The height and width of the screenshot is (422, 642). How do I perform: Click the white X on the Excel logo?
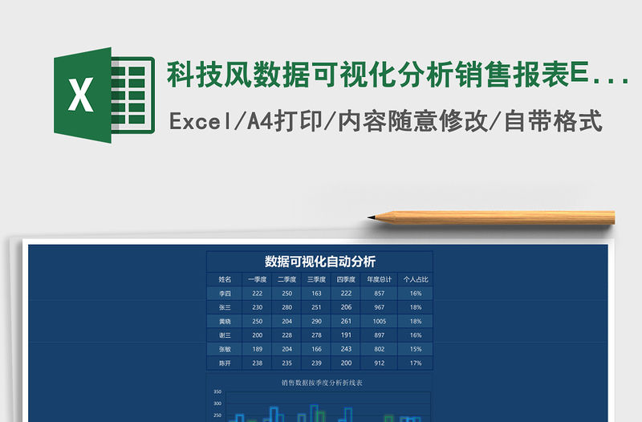tap(80, 96)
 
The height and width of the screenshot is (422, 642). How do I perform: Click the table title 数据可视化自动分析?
tap(320, 262)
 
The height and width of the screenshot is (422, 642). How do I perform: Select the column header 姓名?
tap(225, 280)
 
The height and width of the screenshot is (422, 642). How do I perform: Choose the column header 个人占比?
tap(416, 280)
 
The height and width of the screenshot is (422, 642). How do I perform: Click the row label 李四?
tap(225, 294)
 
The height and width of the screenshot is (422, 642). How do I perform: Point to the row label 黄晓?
tap(225, 321)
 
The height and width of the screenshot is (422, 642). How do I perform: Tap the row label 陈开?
tap(225, 363)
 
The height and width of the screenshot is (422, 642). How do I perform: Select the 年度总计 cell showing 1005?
tap(380, 321)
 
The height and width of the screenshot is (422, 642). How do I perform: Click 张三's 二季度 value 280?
tap(286, 307)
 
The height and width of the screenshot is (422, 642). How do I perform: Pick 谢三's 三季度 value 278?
tap(316, 335)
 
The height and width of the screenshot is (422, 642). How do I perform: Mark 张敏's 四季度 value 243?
tap(347, 349)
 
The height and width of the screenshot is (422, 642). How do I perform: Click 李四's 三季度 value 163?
tap(316, 294)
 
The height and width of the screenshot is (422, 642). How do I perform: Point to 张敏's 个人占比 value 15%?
tap(416, 349)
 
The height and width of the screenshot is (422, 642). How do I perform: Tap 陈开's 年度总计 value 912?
tap(380, 363)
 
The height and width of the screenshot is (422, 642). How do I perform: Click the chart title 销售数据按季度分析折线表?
tap(321, 383)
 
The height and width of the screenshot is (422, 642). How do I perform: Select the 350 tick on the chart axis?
tap(217, 392)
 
